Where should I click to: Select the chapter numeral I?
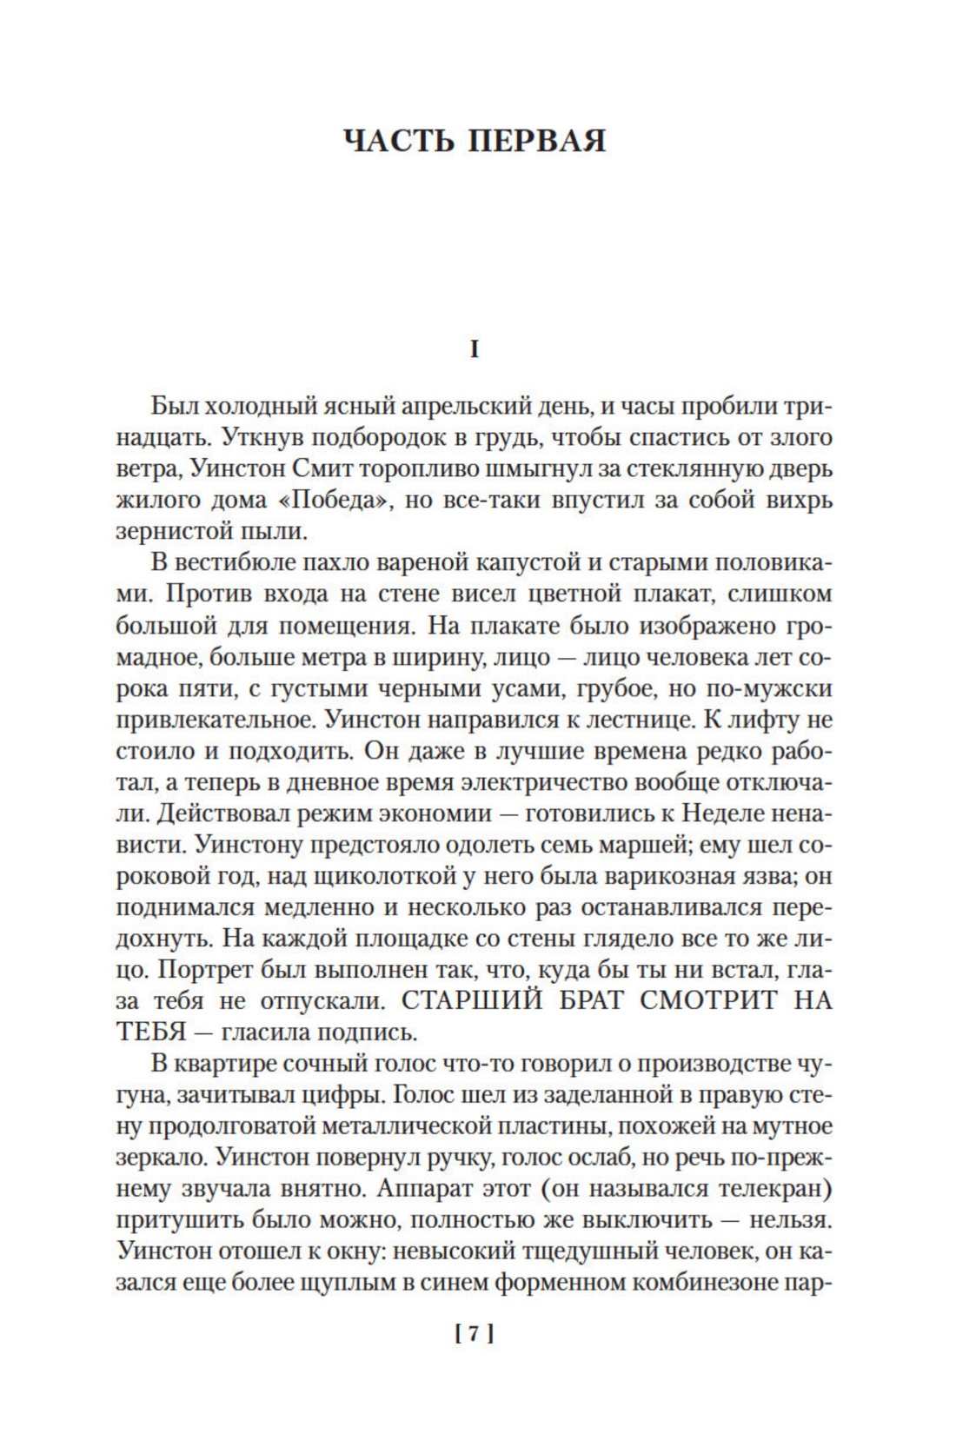[474, 349]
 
